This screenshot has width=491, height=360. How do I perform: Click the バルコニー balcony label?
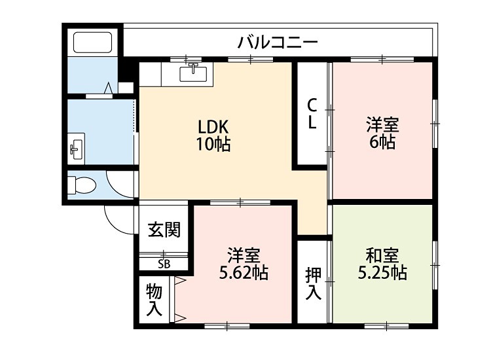point(278,43)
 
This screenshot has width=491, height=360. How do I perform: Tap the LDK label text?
point(213,126)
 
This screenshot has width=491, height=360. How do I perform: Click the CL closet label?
point(312,113)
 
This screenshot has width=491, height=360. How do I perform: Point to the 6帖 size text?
point(382,141)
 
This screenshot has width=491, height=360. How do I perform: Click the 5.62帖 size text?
point(244,272)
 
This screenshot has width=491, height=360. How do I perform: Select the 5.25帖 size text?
point(382,273)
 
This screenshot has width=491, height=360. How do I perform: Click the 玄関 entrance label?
point(164,230)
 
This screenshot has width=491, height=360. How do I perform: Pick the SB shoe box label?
point(164,264)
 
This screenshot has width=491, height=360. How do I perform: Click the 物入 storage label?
point(155,299)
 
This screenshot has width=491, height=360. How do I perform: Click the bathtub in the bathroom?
point(93,43)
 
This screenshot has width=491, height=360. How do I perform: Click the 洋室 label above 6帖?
point(382,124)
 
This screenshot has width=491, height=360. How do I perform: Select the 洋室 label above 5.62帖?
point(244,255)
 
